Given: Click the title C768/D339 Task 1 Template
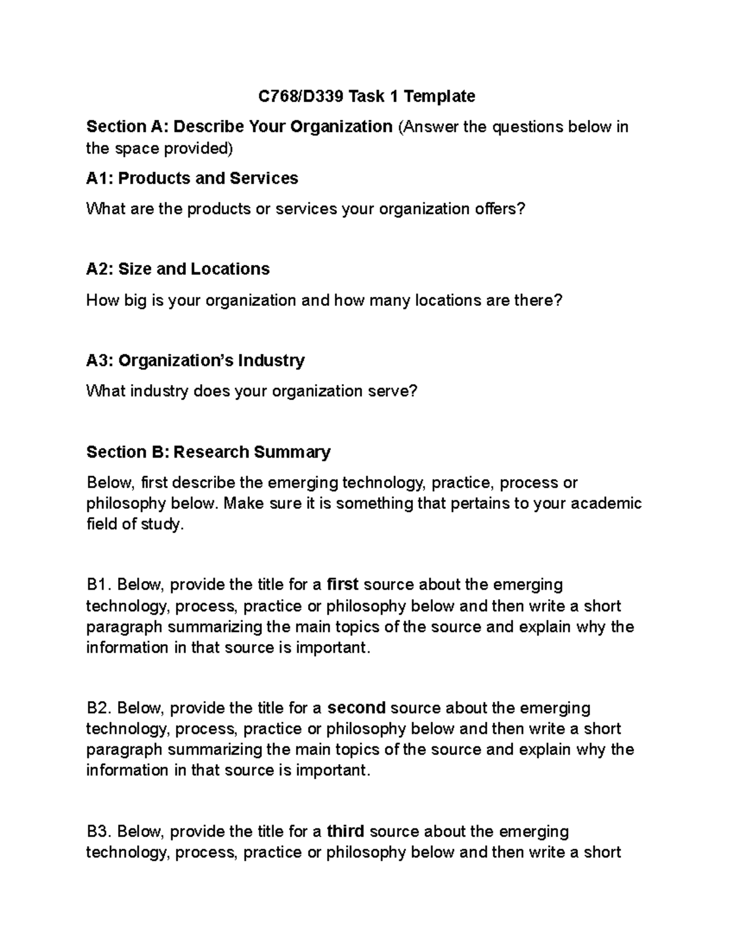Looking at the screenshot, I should pyautogui.click(x=366, y=96).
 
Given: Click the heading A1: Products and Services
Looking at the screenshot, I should pyautogui.click(x=192, y=178).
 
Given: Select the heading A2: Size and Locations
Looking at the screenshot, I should pyautogui.click(x=178, y=269).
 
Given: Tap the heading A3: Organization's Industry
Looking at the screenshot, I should pyautogui.click(x=195, y=360).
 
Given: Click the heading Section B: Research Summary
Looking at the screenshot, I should pyautogui.click(x=208, y=452).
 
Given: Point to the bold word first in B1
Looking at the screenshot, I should pyautogui.click(x=343, y=585).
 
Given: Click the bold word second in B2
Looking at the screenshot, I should pyautogui.click(x=357, y=708).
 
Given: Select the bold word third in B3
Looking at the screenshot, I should pyautogui.click(x=346, y=831).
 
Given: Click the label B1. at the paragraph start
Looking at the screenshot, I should pyautogui.click(x=99, y=585).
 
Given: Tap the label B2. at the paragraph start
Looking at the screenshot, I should pyautogui.click(x=99, y=708).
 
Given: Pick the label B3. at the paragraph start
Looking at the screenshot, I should pyautogui.click(x=99, y=831).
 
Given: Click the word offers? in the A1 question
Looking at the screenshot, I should pyautogui.click(x=500, y=209).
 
